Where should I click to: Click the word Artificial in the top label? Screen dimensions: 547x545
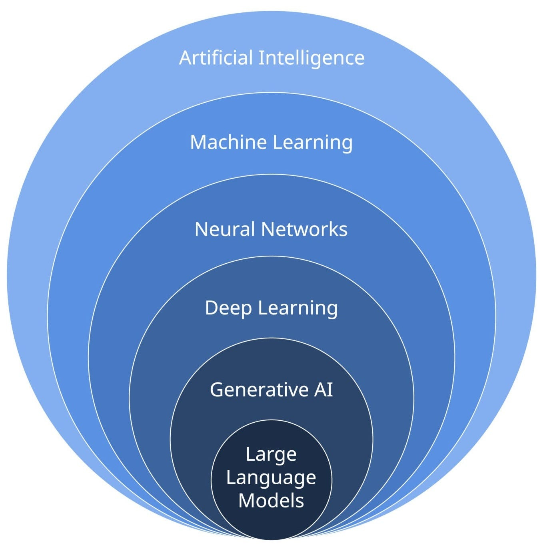click(x=216, y=58)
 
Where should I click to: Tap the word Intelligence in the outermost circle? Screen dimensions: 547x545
click(x=311, y=58)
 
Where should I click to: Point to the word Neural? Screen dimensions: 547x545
click(x=224, y=229)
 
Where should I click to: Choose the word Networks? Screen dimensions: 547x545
click(x=304, y=229)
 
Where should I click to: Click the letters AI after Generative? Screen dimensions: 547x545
click(x=323, y=390)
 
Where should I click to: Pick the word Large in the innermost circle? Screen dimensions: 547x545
click(x=271, y=455)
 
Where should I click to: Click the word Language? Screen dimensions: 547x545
click(x=271, y=478)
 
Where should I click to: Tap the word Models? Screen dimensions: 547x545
click(x=271, y=501)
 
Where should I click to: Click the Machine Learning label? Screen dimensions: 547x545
click(x=271, y=143)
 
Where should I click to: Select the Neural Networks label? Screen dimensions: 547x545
click(x=271, y=229)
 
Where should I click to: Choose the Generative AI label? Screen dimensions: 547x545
click(x=271, y=390)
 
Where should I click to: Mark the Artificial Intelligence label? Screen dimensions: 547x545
click(x=272, y=58)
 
